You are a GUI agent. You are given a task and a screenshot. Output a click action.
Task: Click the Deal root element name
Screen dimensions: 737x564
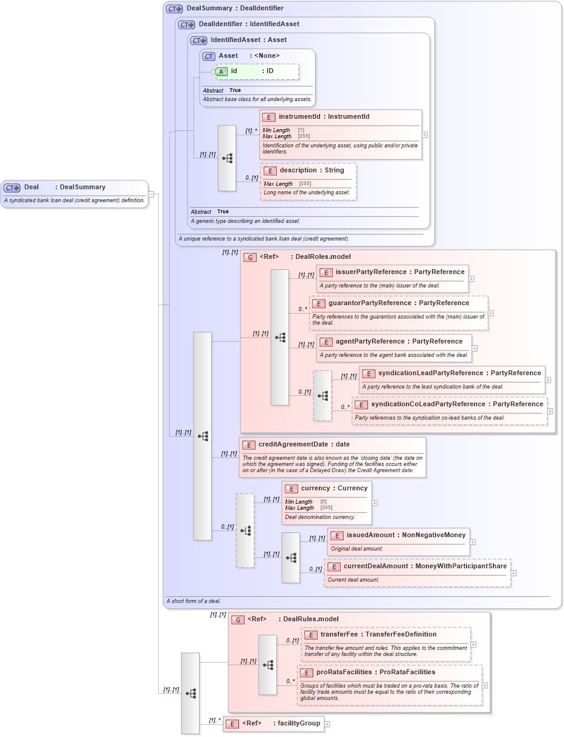tap(31, 187)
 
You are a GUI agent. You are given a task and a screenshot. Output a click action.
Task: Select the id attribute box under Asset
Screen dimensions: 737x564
tap(256, 71)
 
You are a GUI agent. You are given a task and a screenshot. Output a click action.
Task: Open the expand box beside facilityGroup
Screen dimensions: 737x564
tap(327, 724)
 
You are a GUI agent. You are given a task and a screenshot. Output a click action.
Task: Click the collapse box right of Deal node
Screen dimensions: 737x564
tap(151, 194)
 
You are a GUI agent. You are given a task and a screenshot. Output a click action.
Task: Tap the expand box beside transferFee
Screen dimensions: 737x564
tap(474, 644)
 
